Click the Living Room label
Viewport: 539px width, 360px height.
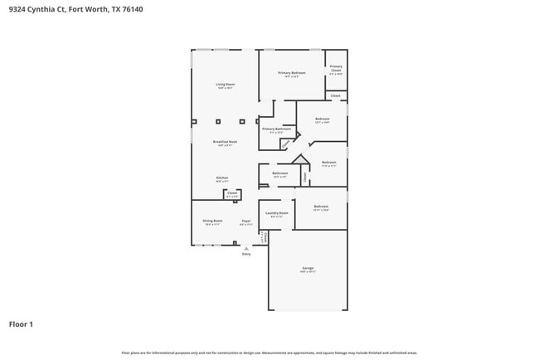[x=226, y=84]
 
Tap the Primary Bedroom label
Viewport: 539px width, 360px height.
[x=291, y=73]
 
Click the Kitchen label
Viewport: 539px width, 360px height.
[x=222, y=178]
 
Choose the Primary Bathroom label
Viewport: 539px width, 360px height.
[x=276, y=129]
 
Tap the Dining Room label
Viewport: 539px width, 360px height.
[x=212, y=221]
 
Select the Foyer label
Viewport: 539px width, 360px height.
[x=245, y=221]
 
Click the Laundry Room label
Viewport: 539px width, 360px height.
[x=276, y=213]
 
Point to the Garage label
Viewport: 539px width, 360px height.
[x=308, y=268]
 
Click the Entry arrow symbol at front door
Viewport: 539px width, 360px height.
[x=246, y=248]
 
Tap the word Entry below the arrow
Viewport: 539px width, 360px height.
[x=246, y=254]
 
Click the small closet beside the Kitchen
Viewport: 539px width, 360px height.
[x=231, y=194]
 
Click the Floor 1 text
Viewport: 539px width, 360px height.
[x=21, y=324]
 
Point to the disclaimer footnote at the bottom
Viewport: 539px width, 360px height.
[x=269, y=352]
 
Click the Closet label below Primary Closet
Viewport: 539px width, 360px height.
[x=335, y=95]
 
